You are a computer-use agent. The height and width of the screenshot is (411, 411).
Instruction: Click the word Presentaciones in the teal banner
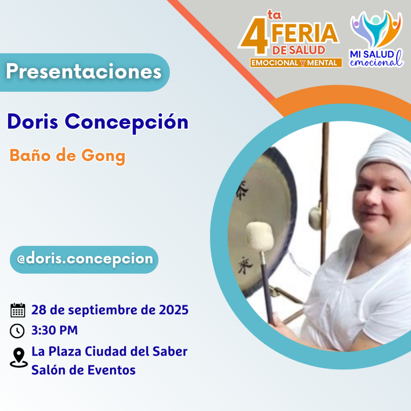tap(83, 71)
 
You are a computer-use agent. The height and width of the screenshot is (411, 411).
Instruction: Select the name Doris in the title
tap(33, 121)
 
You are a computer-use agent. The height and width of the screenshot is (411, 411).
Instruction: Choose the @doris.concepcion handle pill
tap(84, 260)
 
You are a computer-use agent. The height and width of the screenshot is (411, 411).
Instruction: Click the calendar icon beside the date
tap(18, 310)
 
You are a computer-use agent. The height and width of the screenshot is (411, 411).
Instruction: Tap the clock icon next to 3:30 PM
tap(17, 331)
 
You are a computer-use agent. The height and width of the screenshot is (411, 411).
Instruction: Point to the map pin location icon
tap(18, 358)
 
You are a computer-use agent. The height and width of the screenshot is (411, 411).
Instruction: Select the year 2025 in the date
tap(173, 310)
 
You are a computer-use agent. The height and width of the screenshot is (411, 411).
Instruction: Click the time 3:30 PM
tap(55, 330)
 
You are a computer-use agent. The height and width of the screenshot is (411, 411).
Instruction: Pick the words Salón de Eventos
tap(83, 370)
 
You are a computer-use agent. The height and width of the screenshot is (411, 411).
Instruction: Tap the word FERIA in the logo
tap(305, 33)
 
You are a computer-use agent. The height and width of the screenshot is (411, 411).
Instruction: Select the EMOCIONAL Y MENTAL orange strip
tap(296, 63)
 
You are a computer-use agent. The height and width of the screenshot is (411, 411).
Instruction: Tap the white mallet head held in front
tap(260, 236)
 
